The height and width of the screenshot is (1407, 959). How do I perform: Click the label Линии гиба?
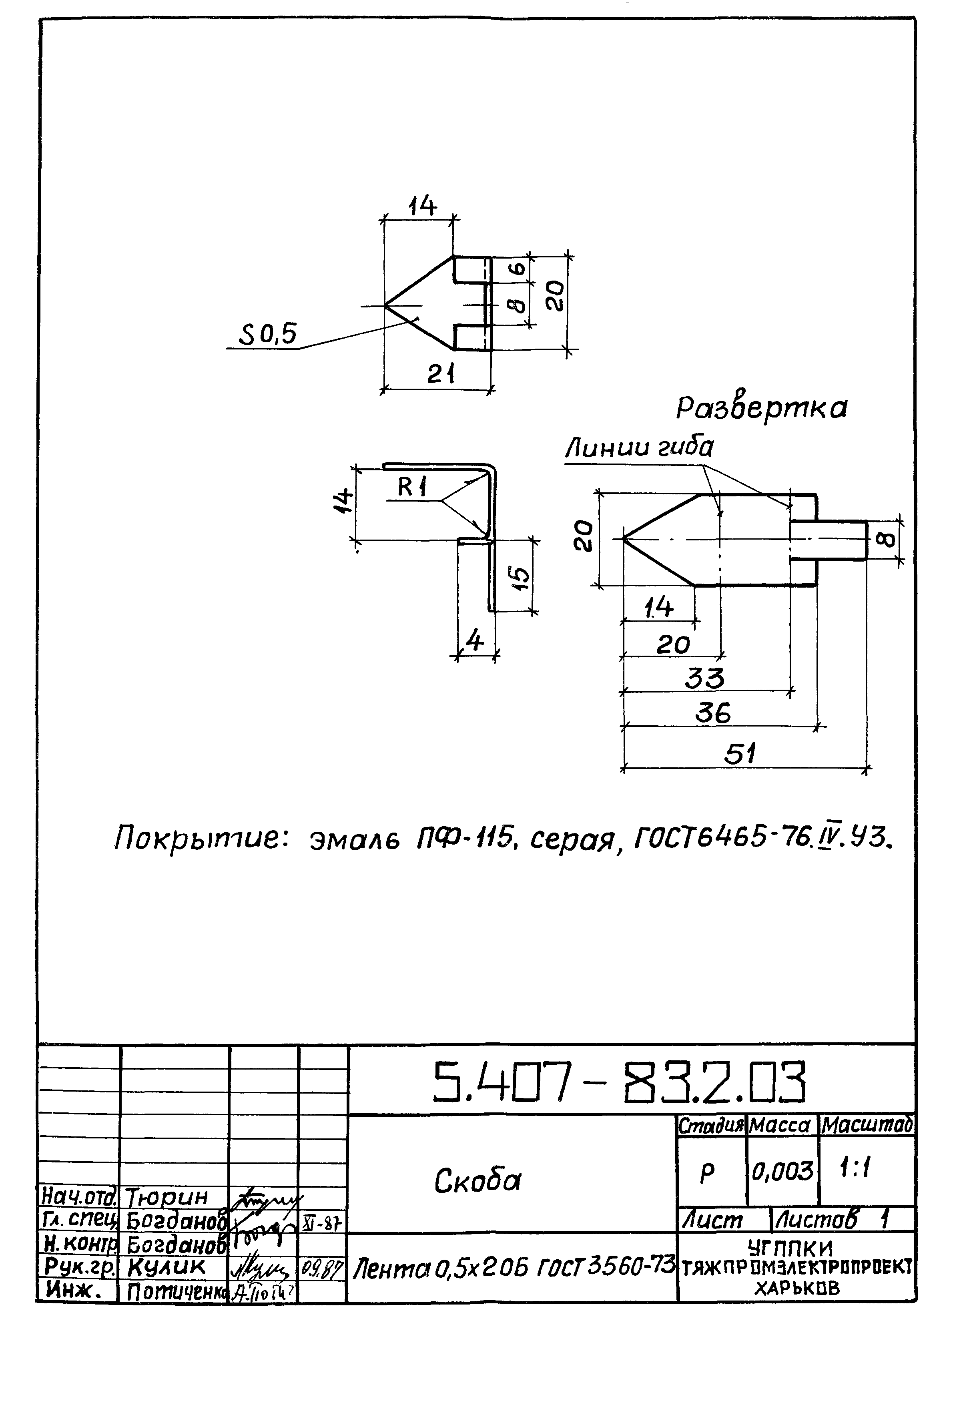639,448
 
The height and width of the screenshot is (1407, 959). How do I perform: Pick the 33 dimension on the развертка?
704,678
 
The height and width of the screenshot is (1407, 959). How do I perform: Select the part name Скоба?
477,1180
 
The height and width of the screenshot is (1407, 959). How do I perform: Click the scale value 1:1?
855,1168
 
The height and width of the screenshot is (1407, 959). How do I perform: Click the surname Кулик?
167,1266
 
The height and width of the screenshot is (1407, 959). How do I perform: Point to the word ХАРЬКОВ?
797,1289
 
